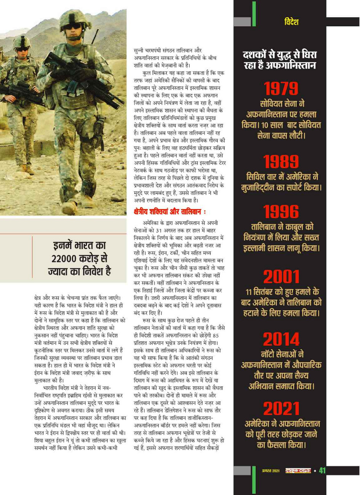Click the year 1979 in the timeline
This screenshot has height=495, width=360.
(x=281, y=89)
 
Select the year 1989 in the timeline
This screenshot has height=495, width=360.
(x=281, y=162)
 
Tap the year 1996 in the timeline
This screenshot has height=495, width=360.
(x=281, y=212)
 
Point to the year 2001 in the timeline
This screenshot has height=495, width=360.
(x=281, y=277)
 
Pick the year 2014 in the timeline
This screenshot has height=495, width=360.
(x=281, y=339)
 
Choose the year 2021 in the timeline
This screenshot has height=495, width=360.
(x=281, y=409)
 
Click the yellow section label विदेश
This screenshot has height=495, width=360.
(x=291, y=22)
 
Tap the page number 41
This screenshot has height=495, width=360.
(x=322, y=471)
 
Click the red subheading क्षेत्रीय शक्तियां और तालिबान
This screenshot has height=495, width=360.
(x=170, y=212)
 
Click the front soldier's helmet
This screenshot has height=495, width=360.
(x=75, y=17)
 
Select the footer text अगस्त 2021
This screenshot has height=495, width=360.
(x=270, y=471)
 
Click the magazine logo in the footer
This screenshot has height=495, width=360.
(x=298, y=471)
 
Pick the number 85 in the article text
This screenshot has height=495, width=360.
(x=216, y=335)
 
